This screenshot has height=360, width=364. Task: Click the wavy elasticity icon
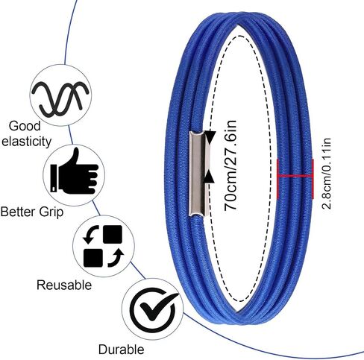[60, 98]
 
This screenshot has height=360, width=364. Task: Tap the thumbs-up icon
[75, 171]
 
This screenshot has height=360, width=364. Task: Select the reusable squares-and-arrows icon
[103, 246]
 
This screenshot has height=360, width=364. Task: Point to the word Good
[25, 126]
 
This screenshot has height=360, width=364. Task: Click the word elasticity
[26, 142]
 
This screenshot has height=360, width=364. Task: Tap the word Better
[18, 212]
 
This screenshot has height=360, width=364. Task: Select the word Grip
[51, 213]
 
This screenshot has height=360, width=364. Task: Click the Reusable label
[64, 285]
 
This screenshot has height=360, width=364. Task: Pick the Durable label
[121, 350]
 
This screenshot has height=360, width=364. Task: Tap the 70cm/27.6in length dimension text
[230, 165]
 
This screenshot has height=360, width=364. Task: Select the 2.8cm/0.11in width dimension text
[327, 173]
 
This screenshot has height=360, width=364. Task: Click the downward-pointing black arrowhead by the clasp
[210, 137]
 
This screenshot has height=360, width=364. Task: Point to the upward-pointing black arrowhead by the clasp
[210, 176]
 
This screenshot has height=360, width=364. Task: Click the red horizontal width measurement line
[295, 176]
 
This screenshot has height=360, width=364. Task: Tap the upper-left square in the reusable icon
[113, 234]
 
